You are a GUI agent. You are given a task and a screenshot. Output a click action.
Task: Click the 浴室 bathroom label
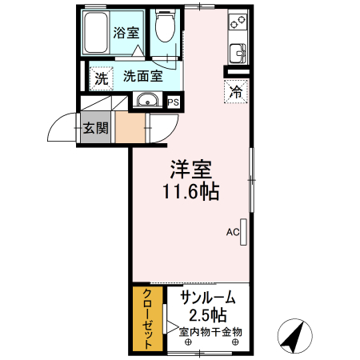coord(126,33)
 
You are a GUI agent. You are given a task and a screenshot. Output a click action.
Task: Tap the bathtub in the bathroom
coord(96,32)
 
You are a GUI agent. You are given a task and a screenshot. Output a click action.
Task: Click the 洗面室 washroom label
coord(143,78)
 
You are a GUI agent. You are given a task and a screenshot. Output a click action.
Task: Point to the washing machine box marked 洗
coord(101,78)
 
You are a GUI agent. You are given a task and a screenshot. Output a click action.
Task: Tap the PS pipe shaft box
coord(173,102)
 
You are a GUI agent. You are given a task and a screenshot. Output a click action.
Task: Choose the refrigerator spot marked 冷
coord(237,90)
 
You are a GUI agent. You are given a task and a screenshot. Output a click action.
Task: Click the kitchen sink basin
coord(238,55)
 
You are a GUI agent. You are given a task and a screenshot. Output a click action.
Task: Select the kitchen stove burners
coord(238,26)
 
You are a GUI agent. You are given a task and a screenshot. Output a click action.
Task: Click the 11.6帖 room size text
coord(191,192)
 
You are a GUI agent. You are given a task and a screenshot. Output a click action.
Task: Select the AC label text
coord(233,233)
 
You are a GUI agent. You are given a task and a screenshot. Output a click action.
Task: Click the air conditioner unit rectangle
coord(243,233)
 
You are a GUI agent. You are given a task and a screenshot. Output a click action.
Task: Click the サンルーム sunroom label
coord(208,298)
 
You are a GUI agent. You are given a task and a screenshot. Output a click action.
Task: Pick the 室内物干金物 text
coord(210,331)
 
